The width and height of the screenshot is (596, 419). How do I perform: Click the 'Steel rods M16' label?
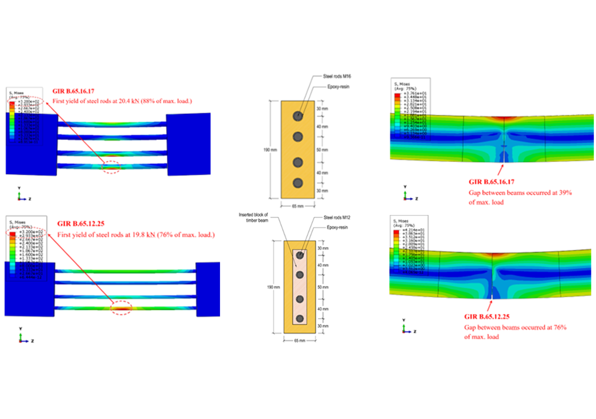337,76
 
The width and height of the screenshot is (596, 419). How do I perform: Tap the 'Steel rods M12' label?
337,217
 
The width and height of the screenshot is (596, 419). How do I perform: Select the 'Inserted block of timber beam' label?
253,217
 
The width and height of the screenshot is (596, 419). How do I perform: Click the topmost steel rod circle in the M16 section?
298,116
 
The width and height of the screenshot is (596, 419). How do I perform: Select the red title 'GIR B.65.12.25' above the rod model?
81,224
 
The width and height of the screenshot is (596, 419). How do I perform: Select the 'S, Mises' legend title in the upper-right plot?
402,84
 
